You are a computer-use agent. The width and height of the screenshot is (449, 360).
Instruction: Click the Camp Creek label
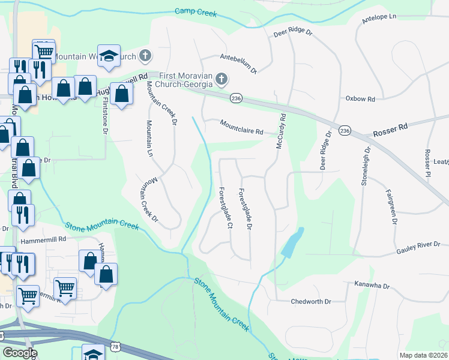pyautogui.click(x=194, y=11)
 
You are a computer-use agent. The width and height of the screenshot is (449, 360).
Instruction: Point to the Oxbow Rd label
pyautogui.click(x=360, y=98)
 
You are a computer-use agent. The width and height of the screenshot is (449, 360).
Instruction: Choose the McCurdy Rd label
pyautogui.click(x=280, y=132)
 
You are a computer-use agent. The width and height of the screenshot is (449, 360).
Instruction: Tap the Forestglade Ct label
pyautogui.click(x=224, y=207)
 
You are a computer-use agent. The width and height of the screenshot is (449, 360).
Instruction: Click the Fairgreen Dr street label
pyautogui.click(x=391, y=205)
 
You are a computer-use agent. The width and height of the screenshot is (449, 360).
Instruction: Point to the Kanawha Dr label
pyautogui.click(x=372, y=285)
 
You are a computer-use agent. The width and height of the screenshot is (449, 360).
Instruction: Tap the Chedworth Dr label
pyautogui.click(x=311, y=301)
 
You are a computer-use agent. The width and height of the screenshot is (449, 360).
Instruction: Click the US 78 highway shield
pyautogui.click(x=115, y=347)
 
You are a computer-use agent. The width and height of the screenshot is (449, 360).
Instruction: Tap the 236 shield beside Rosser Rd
pyautogui.click(x=345, y=130)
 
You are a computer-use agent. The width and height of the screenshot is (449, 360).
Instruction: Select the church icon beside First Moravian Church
pyautogui.click(x=222, y=79)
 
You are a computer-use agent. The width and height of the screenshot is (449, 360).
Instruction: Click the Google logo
pyautogui.click(x=20, y=353)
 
